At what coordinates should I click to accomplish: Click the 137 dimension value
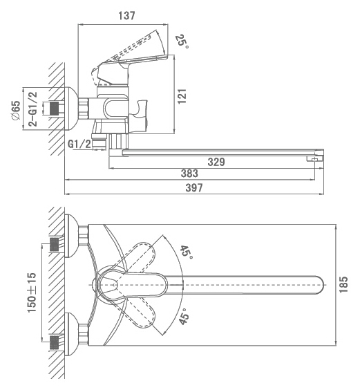126,16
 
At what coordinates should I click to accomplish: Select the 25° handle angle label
182,41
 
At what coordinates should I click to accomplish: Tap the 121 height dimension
182,96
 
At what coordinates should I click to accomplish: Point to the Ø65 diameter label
16,110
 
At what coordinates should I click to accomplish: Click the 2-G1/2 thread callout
32,109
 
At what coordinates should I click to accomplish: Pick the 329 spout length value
216,162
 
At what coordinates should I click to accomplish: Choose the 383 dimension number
189,174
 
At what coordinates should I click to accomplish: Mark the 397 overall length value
194,188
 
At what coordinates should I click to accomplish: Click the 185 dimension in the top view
343,284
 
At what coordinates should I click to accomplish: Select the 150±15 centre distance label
32,292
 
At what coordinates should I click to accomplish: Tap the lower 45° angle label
184,317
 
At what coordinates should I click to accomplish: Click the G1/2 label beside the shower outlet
79,144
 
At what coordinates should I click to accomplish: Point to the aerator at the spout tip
314,158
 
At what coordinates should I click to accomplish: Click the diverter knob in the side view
139,116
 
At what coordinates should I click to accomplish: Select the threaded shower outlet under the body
100,142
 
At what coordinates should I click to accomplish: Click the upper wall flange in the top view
71,236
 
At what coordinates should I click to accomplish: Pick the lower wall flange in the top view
71,334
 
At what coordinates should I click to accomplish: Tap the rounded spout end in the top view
320,285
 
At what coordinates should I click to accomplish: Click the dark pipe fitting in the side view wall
55,109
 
